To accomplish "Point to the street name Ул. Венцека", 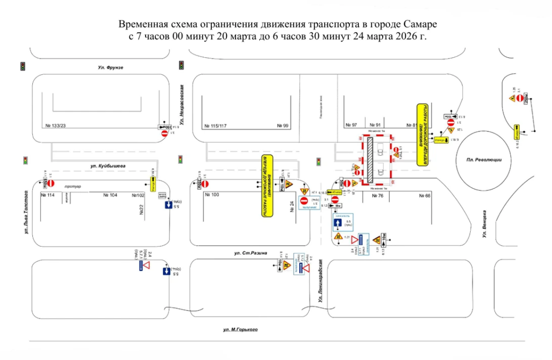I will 485,224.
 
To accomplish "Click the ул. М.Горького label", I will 240,329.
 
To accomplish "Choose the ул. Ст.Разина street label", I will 251,252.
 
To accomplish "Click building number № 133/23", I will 57,126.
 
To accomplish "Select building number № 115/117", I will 216,126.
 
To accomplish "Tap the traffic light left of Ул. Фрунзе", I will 23,66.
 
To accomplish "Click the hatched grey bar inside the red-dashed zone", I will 371,160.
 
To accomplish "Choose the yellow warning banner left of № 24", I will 268,191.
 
